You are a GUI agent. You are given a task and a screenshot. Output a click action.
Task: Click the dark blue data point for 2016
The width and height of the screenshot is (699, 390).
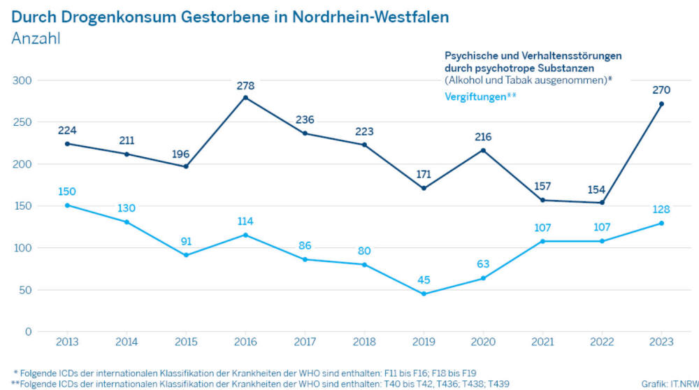245,98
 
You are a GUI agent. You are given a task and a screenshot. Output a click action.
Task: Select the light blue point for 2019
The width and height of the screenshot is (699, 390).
424,294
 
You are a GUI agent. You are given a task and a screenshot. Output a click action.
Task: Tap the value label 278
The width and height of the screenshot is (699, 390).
245,85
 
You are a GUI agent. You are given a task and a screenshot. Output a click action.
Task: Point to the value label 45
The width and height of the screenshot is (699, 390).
424,280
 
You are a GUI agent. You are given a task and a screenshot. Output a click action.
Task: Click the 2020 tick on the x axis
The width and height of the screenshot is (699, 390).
483,342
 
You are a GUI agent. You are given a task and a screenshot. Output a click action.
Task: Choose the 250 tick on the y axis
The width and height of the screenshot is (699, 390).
22,122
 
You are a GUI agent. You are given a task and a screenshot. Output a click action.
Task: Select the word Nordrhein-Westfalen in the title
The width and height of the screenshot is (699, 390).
370,17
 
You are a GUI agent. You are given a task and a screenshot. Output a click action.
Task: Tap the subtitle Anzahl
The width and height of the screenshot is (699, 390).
36,38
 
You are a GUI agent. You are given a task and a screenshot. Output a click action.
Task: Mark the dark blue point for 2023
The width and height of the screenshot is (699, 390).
661,104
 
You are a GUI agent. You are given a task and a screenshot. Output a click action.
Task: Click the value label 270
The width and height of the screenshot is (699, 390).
661,90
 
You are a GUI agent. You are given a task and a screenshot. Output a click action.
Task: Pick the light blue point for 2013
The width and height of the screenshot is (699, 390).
67,205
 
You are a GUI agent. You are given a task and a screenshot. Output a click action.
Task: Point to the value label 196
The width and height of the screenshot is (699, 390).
180,154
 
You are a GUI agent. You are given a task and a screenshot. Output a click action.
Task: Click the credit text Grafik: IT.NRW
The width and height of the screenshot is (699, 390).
670,384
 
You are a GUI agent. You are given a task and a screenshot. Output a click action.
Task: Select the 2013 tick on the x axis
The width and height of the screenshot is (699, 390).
67,342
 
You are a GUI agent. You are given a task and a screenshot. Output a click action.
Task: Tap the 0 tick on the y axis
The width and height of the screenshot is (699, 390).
29,331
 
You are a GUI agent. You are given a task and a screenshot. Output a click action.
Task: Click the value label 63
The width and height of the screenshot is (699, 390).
483,264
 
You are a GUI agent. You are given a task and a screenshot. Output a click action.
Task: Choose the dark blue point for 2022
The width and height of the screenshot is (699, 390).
603,203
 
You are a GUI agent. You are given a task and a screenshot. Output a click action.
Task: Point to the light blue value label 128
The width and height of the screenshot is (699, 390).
661,210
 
